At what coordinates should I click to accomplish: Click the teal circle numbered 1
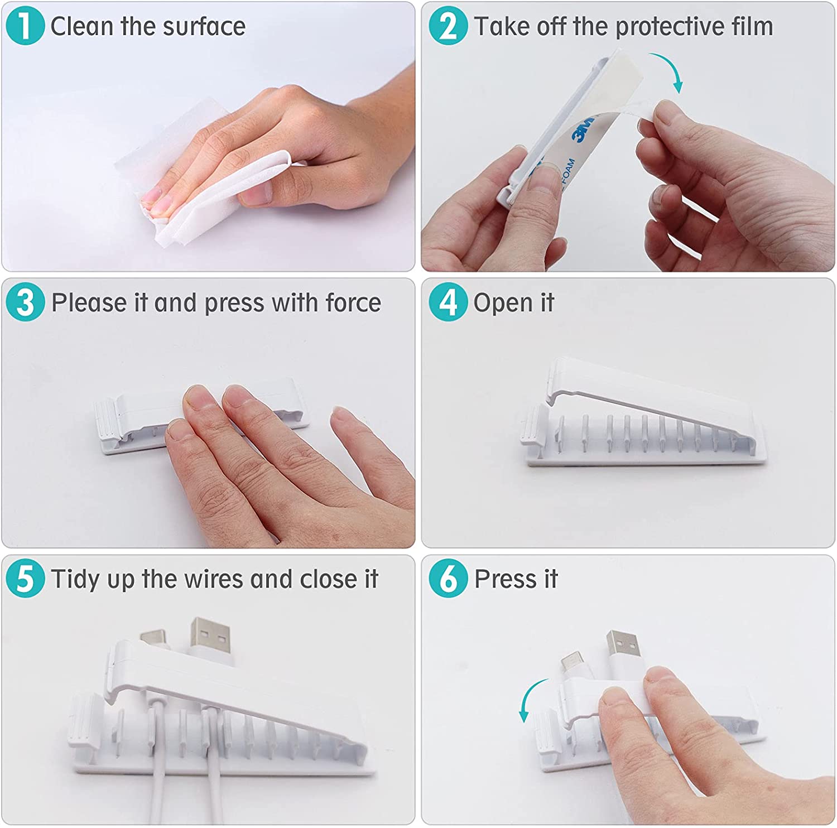coord(25,26)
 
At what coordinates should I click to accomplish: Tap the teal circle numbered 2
coord(448,26)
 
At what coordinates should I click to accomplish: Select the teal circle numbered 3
coord(25,302)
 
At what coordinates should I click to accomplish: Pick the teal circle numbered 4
coord(448,302)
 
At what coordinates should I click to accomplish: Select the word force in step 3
coord(353,303)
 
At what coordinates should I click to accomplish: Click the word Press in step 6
coord(505,579)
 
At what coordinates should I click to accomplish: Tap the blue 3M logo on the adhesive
coord(583,128)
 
